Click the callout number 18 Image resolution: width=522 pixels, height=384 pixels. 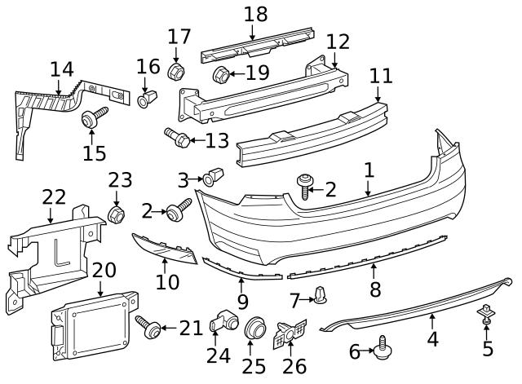coord(255,15)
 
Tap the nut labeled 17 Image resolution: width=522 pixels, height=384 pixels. coord(176,71)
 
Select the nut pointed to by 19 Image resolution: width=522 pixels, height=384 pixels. coord(221,74)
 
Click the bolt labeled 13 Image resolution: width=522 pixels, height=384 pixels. coord(178,138)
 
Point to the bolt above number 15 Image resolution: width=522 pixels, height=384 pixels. coord(95,117)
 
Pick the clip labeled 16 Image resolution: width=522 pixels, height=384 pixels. coord(147,98)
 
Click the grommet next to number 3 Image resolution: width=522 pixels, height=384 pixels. coord(214,177)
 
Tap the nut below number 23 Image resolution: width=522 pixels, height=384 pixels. coord(116,214)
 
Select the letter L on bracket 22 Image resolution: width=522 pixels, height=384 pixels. coord(60,254)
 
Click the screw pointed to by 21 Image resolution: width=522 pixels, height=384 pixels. coord(148,326)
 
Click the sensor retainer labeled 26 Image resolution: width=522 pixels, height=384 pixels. coord(290,333)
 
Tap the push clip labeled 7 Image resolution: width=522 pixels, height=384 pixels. coord(320,294)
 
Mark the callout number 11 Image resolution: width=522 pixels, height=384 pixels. coord(381,76)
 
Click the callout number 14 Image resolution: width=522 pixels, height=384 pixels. coord(62,69)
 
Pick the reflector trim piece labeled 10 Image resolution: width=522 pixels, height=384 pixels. coord(165,248)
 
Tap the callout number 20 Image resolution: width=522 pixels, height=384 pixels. coord(104,270)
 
